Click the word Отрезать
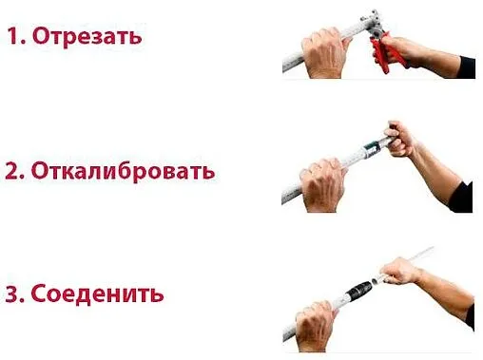click(87, 37)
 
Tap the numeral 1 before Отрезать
click(13, 37)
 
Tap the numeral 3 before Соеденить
click(13, 294)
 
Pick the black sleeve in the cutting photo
click(466, 66)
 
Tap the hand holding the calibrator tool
click(398, 139)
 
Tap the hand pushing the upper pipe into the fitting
click(399, 273)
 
